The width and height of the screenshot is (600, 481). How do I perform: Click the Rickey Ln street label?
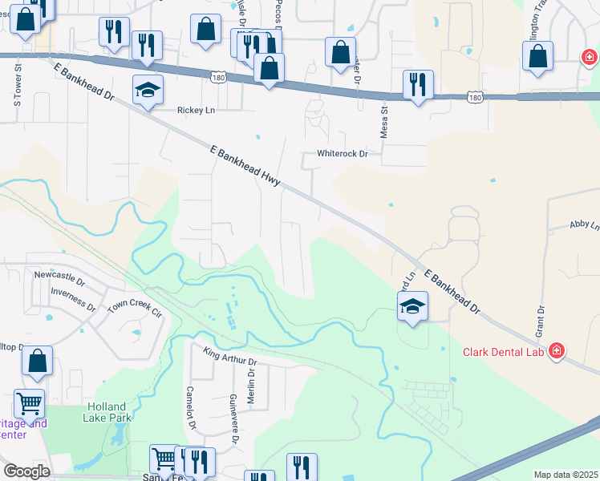tap(196, 110)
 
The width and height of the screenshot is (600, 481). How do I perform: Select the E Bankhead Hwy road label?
tap(245, 166)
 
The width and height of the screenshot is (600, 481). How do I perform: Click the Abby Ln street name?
tap(584, 226)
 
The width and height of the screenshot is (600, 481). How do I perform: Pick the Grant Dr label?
tap(541, 320)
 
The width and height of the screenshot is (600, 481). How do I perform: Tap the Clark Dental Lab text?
tap(503, 352)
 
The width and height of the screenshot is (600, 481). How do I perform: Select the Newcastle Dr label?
tap(59, 275)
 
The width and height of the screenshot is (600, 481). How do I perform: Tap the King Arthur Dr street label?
tap(230, 356)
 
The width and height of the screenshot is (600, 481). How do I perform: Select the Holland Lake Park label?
tap(108, 411)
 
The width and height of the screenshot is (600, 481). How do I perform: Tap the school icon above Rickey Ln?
tap(148, 90)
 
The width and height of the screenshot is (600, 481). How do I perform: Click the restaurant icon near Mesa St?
tap(418, 84)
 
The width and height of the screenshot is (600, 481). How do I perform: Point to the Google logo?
tap(26, 471)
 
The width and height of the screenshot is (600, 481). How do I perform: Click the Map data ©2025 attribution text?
tap(566, 475)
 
